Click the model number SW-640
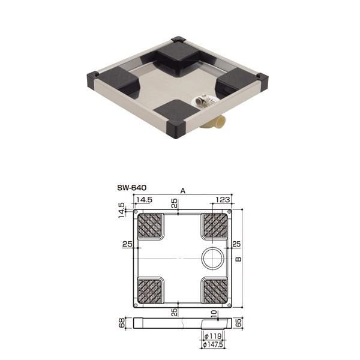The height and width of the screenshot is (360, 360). (x=132, y=187)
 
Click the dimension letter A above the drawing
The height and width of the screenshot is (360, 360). (x=184, y=190)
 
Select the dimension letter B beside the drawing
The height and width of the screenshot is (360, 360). (x=238, y=259)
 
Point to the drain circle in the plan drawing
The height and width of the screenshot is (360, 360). (x=211, y=258)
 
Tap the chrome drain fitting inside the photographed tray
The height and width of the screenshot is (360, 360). (x=202, y=102)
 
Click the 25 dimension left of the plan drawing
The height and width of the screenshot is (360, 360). (x=127, y=244)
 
